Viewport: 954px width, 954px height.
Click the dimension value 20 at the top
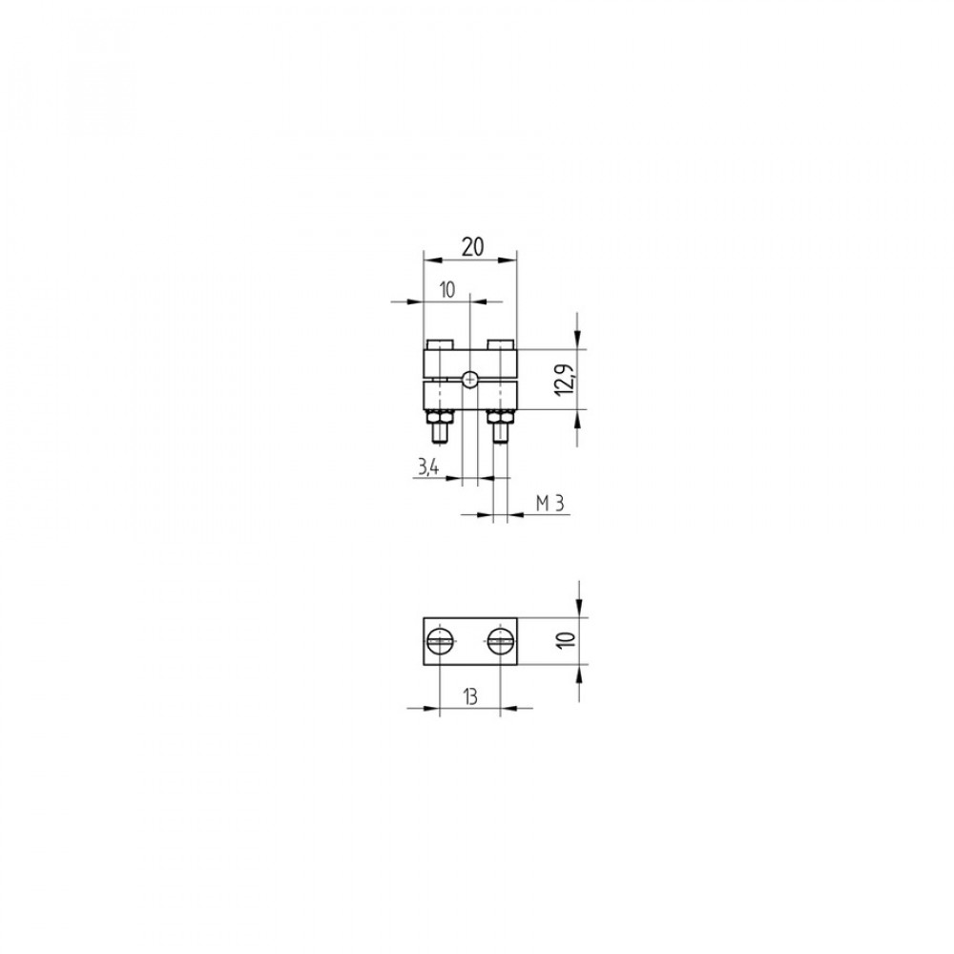coord(473,247)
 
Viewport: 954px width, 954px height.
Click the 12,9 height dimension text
coord(565,379)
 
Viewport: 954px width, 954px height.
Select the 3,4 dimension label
coord(428,467)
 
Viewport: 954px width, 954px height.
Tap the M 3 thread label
coord(550,503)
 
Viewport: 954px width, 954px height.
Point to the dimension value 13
coord(470,696)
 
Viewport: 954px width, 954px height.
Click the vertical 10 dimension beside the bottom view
coord(566,640)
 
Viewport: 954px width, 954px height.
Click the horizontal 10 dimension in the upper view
coord(447,290)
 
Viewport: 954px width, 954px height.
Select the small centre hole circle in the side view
coord(469,380)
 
